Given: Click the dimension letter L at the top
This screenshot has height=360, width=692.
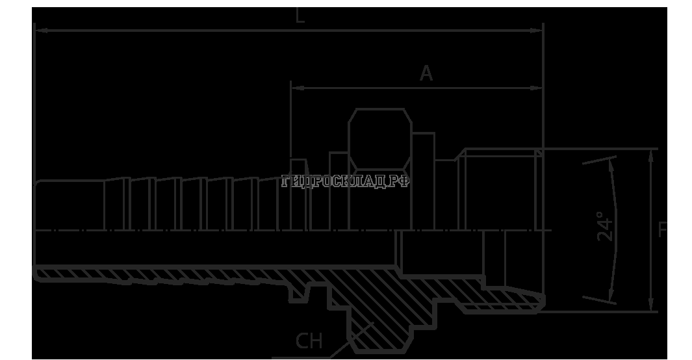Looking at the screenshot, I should point(300,16).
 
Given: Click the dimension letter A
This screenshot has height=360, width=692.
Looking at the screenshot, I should point(426,74).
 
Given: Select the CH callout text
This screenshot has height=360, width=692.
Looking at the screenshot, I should point(309,341).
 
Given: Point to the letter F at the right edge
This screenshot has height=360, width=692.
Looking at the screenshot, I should point(663,230).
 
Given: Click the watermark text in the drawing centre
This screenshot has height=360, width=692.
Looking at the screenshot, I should point(346,182).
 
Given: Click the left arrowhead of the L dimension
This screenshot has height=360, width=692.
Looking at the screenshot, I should point(38,30).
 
